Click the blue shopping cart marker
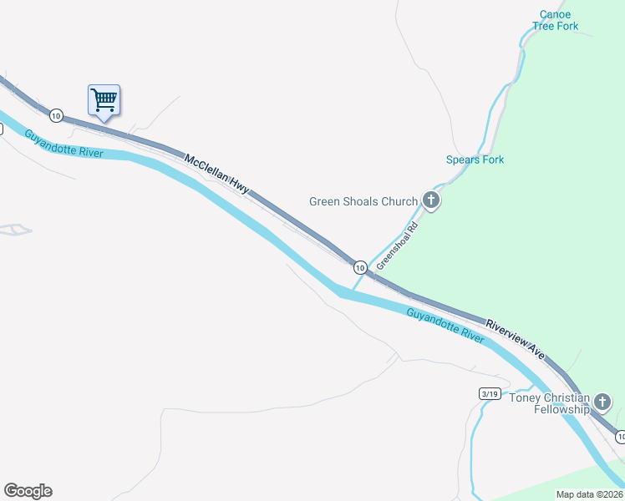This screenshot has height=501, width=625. coord(104,100)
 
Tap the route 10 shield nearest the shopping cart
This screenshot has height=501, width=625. coord(55,114)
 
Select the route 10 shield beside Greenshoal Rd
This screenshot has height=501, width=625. coord(359,267)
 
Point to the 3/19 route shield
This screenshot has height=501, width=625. coord(490,393)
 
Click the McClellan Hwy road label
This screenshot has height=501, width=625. coord(216,174)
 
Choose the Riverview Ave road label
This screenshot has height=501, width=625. coord(516,340)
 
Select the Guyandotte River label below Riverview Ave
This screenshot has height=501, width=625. coord(445,326)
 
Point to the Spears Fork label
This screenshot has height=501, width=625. coord(475,159)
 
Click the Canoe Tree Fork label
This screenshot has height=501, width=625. coord(555,20)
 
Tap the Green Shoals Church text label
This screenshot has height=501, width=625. coord(363,201)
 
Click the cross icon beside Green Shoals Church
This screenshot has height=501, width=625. coord(431,200)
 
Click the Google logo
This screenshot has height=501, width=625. coord(28,491)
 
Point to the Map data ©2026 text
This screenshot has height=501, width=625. coord(589,493)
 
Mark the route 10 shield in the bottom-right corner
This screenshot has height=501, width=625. coord(620,437)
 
